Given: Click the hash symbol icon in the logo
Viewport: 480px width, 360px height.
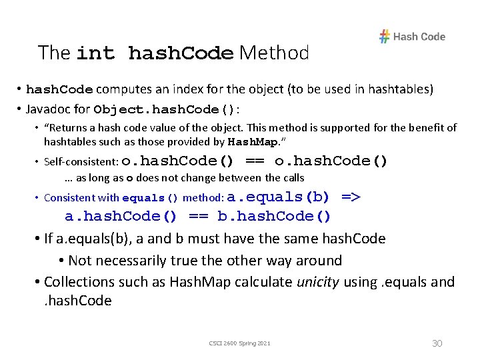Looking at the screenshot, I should click(x=385, y=37).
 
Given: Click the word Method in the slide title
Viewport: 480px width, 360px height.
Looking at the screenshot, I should click(x=274, y=53).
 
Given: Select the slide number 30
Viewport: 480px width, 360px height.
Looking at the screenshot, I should click(x=437, y=343).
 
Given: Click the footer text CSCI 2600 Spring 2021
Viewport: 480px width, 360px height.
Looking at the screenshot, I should click(x=240, y=343).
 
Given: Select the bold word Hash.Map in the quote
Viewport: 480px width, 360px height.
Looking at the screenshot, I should click(x=252, y=142).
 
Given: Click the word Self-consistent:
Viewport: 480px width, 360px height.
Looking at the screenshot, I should click(x=81, y=161).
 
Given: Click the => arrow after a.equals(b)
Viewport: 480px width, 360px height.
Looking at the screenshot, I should click(x=351, y=197).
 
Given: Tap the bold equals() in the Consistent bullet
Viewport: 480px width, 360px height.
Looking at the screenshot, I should click(x=151, y=198).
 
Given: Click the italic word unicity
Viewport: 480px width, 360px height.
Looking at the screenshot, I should click(x=318, y=282).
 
